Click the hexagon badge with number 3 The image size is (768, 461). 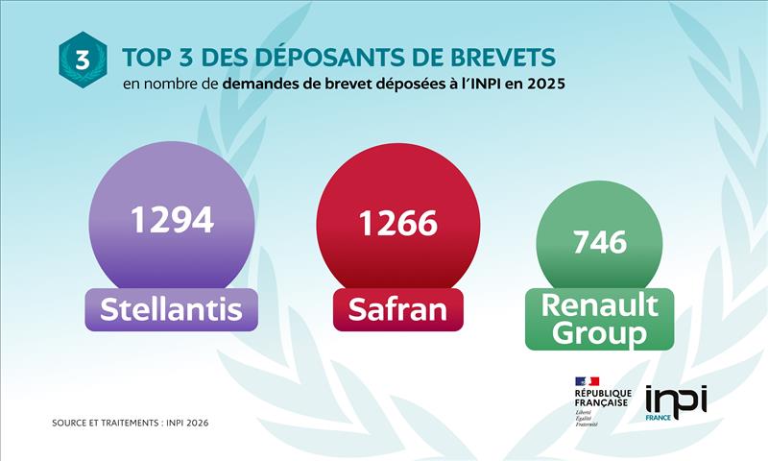pos(83,60)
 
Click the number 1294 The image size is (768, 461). pos(172,221)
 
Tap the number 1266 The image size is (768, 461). pos(397,224)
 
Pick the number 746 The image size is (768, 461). pos(599,242)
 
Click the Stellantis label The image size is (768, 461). pos(171,310)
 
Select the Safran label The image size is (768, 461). pos(397,310)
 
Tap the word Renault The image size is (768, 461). pos(599,305)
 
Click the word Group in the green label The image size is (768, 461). pos(599,334)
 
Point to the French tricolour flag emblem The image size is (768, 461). pos(587,381)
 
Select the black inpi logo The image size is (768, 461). pos(676,397)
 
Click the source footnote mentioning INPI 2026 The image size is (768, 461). pos(131,423)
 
